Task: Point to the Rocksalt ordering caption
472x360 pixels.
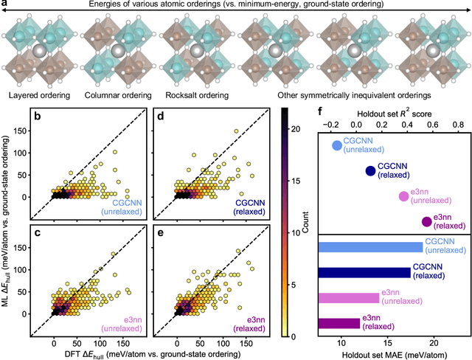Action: [196, 95]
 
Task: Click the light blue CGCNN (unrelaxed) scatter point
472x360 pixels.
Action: [338, 146]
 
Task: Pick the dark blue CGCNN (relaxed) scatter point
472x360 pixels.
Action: [370, 171]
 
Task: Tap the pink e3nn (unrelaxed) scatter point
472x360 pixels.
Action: [403, 196]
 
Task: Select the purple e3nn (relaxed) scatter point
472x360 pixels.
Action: [426, 222]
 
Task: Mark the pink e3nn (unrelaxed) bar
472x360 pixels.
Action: [348, 298]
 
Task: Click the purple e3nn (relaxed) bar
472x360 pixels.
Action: [339, 323]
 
